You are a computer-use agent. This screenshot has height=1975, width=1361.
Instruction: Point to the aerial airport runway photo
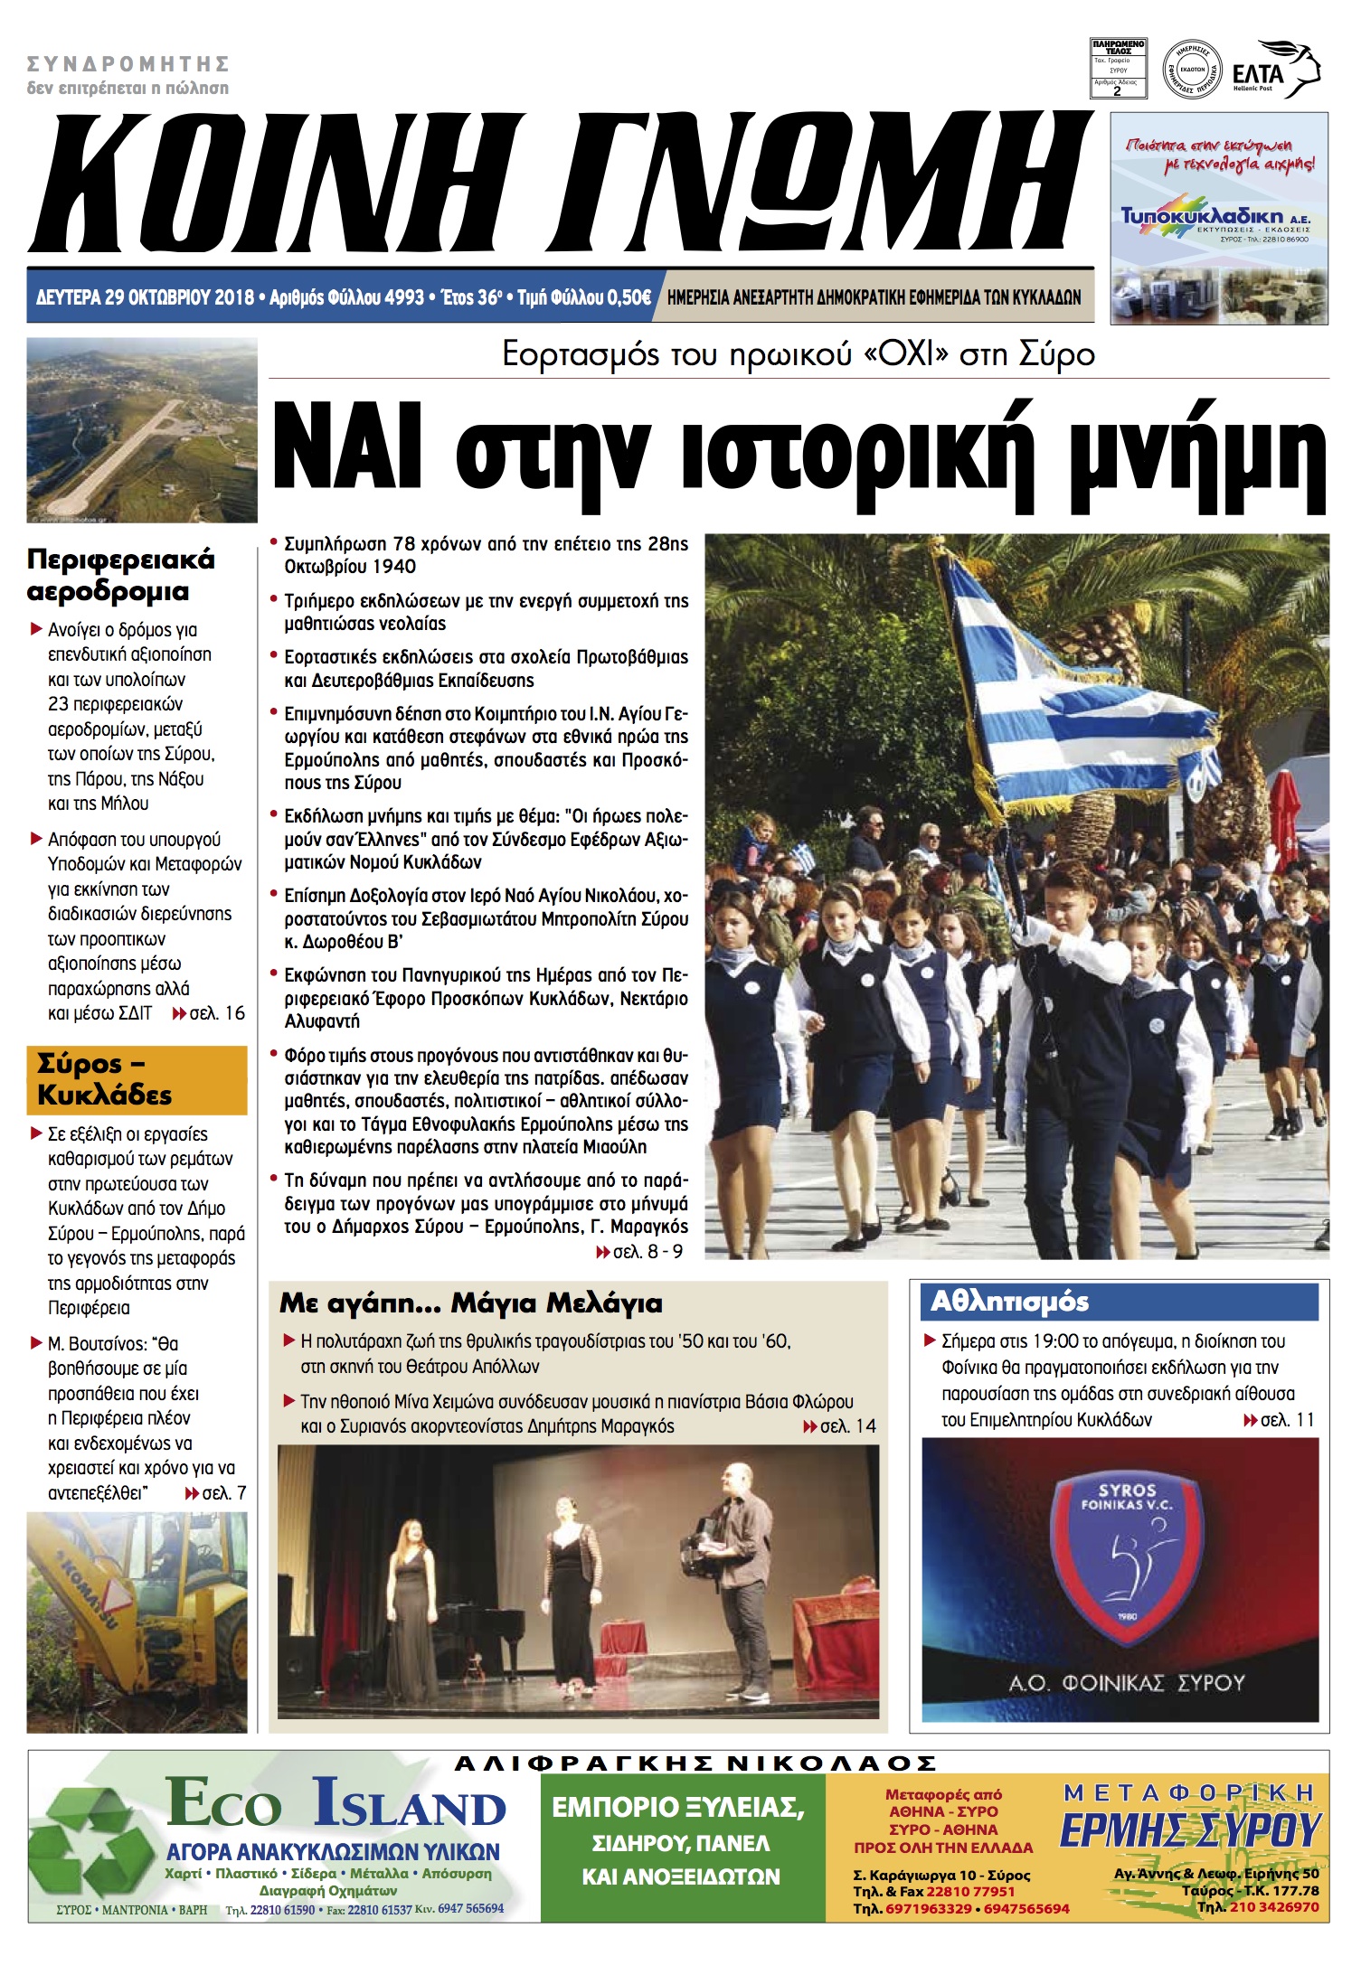[142, 430]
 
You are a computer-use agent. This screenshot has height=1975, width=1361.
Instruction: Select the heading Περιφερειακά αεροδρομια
[120, 575]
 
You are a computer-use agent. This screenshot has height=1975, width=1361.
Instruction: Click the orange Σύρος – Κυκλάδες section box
[137, 1079]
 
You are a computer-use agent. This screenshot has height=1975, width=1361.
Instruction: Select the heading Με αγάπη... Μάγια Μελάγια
[470, 1303]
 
